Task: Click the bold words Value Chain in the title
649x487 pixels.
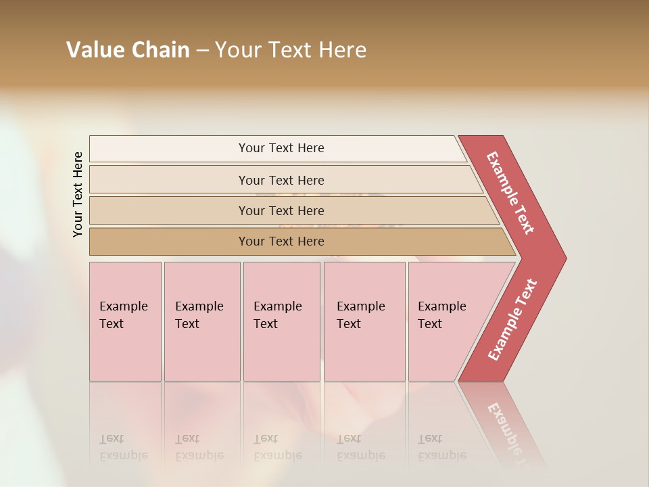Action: pos(128,50)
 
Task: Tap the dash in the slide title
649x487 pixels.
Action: pos(202,51)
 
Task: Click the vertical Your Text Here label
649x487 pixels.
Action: pos(78,194)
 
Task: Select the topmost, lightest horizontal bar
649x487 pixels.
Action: pos(281,148)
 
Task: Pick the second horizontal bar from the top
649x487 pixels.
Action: pos(281,180)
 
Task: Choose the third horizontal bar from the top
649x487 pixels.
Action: pos(281,210)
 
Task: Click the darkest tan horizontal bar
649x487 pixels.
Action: pos(281,241)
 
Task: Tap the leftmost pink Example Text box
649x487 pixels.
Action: pos(125,321)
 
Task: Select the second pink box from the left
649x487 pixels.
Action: pos(201,321)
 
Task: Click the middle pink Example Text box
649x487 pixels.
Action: pos(281,321)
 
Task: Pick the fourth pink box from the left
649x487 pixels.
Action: pos(364,321)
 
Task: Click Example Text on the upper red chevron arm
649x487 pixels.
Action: pos(510,193)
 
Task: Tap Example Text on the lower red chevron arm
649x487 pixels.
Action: pos(512,320)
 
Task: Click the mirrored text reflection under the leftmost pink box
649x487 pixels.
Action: pos(123,447)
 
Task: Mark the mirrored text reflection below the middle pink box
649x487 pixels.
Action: pos(277,447)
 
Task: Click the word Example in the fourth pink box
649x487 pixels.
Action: pos(360,306)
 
